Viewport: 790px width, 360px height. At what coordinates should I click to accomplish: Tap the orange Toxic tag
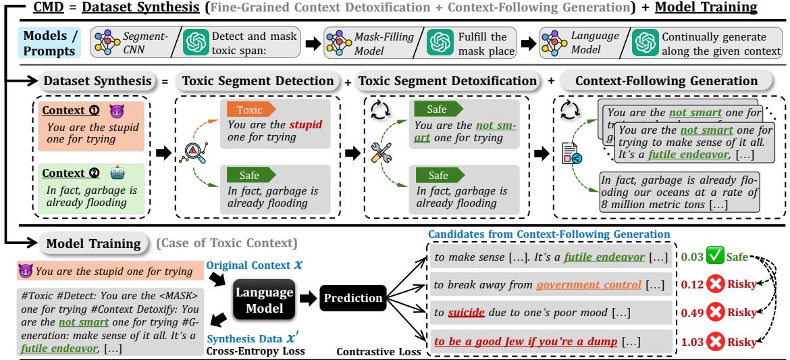point(250,110)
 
